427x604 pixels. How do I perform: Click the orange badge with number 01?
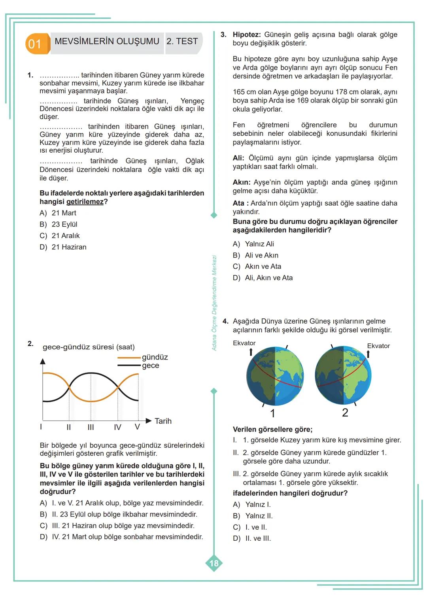(x=36, y=44)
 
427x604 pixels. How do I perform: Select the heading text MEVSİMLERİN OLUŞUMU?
(x=107, y=42)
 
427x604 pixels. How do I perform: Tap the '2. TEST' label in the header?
(x=182, y=42)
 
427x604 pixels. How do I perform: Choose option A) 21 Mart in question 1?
(x=58, y=213)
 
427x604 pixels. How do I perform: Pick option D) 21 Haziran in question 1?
(x=63, y=247)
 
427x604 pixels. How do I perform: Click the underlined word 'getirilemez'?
(x=85, y=202)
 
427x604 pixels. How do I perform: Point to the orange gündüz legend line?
(x=129, y=358)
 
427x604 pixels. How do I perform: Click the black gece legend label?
(x=151, y=365)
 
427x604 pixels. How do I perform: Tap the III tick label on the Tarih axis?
(x=91, y=427)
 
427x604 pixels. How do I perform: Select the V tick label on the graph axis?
(x=137, y=427)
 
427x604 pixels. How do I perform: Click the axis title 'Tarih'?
(x=163, y=421)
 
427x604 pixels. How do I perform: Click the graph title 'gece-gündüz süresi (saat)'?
(x=89, y=347)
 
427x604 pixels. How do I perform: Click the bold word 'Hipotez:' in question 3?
(x=246, y=35)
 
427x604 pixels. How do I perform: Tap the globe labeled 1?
(x=275, y=376)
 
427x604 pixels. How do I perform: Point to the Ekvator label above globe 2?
(x=378, y=346)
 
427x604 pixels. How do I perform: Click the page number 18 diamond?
(x=214, y=563)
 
